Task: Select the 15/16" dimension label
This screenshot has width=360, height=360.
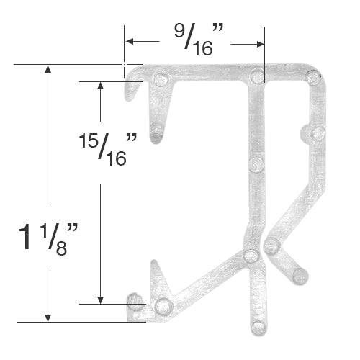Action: click(x=108, y=150)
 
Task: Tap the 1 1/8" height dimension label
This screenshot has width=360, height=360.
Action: click(x=48, y=239)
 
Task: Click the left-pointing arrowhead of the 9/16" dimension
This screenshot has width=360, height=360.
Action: click(x=130, y=41)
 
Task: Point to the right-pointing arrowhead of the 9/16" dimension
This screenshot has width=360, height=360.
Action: click(x=261, y=44)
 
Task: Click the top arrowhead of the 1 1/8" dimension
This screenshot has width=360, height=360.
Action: click(x=48, y=68)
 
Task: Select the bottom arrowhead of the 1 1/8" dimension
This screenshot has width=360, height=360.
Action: click(x=48, y=318)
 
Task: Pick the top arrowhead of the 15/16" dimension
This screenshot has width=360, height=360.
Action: click(x=101, y=86)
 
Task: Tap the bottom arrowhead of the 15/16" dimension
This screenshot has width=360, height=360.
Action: click(x=101, y=300)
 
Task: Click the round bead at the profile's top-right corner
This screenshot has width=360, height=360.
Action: click(x=313, y=77)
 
